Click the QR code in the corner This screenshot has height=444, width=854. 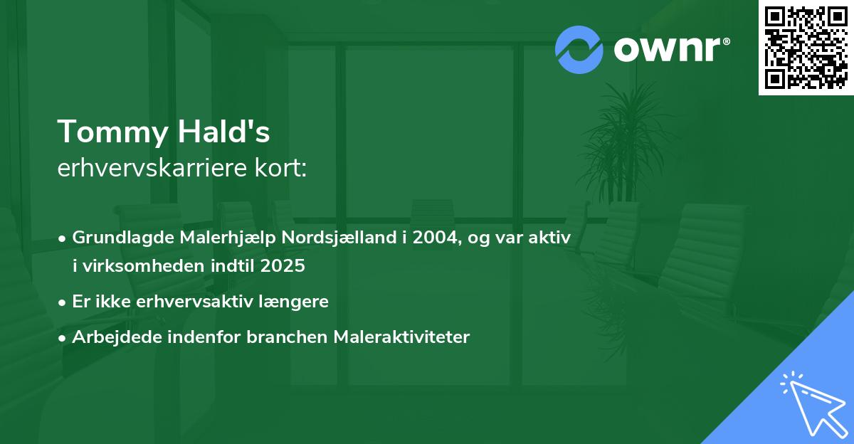point(806,48)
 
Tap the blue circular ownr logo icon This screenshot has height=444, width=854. point(579,49)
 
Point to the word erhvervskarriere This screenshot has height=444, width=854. point(151,169)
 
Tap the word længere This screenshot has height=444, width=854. point(298,302)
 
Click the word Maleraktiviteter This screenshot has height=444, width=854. point(401,337)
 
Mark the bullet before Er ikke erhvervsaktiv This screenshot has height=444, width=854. point(63,302)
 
